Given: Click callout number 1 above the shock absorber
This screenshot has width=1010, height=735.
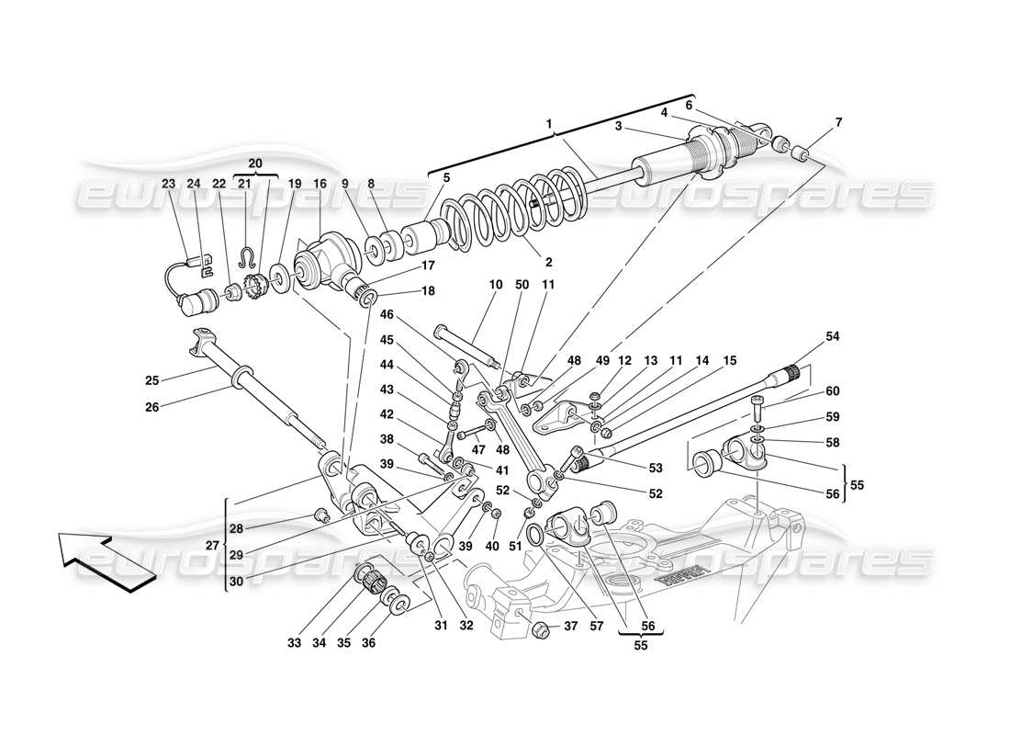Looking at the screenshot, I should [x=549, y=123].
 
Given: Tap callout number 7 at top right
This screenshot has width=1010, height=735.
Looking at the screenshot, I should [x=837, y=122].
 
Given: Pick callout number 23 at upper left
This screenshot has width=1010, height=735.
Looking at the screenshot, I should [x=168, y=183].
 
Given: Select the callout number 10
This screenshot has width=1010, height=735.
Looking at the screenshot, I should [x=497, y=286].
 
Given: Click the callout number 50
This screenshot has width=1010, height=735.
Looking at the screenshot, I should [x=523, y=286].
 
